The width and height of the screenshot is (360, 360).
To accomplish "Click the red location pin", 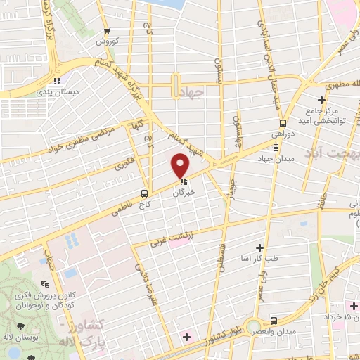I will click(181, 165).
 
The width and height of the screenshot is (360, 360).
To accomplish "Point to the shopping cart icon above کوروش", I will click(107, 31).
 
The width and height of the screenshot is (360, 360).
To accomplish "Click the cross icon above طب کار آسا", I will click(260, 247).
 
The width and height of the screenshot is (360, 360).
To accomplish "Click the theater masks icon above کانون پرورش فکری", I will click(45, 285).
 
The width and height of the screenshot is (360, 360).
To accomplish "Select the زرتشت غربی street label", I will click(169, 239).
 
